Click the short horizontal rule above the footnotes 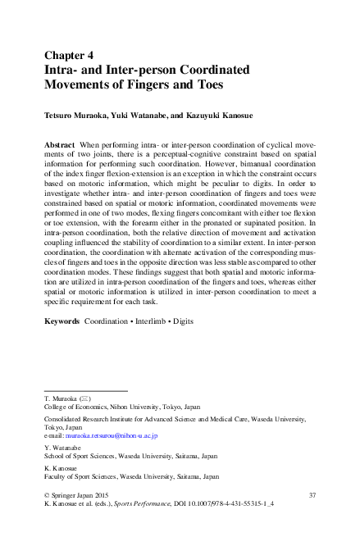(85, 391)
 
